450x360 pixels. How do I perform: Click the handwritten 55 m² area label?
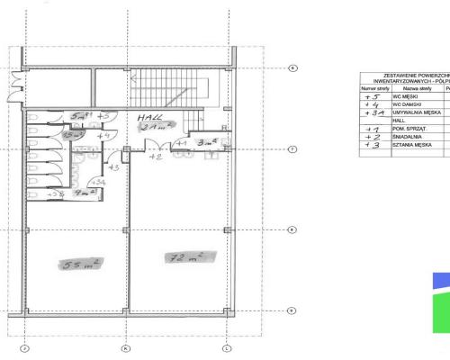(x=82, y=264)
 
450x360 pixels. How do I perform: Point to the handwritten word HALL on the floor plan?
(x=149, y=118)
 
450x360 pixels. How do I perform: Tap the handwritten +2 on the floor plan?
(x=154, y=157)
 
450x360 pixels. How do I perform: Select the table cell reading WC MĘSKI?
(x=401, y=95)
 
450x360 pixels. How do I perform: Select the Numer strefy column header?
(x=373, y=88)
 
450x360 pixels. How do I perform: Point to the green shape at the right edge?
(x=443, y=310)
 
